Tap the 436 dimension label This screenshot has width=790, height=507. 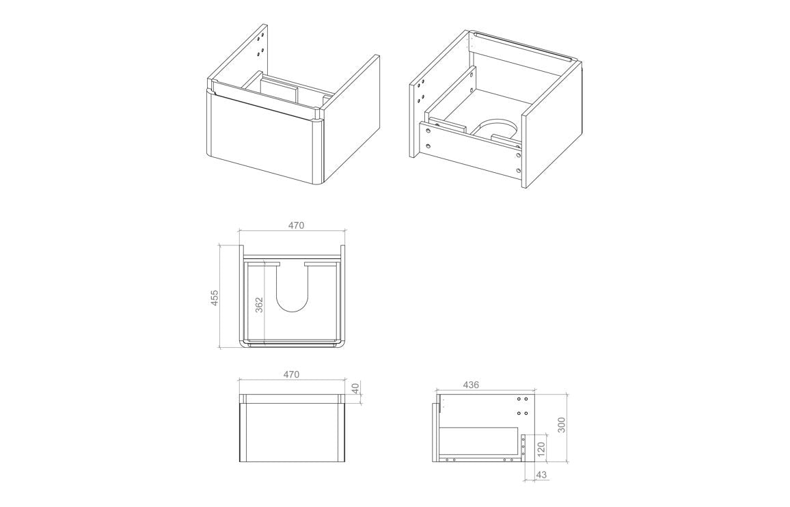tap(471, 385)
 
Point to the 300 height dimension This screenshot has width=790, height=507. tap(562, 424)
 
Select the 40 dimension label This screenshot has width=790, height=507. tap(355, 388)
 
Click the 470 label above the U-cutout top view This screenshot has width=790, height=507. tap(295, 225)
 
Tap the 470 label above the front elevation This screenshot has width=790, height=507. tap(291, 374)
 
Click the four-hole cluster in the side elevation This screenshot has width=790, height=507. tap(522, 406)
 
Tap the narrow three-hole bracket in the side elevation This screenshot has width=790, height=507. tap(524, 448)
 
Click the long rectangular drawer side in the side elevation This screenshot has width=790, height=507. tap(478, 441)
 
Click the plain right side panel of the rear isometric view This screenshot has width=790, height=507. tap(551, 130)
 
